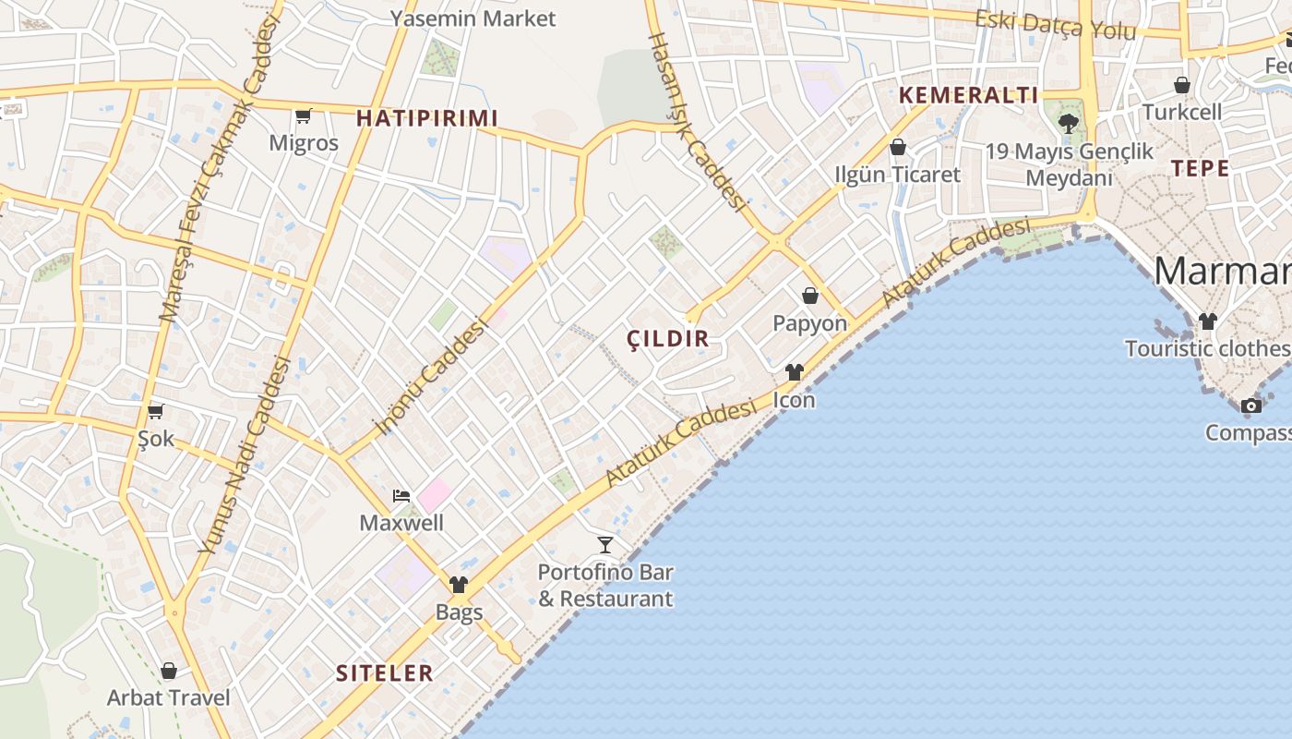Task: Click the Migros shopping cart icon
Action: tap(303, 116)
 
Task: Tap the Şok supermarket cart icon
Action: tap(155, 411)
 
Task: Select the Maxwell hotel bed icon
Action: tap(401, 496)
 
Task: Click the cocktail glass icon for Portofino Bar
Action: tap(605, 544)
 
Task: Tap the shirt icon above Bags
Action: tap(459, 585)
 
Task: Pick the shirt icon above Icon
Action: tap(795, 372)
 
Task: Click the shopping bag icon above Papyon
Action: tap(810, 296)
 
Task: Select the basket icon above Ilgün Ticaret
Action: tap(897, 147)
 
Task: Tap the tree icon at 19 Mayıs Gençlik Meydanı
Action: tap(1069, 123)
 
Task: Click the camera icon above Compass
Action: tap(1251, 406)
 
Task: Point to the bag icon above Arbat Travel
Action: tap(169, 671)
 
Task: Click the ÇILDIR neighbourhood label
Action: tap(668, 339)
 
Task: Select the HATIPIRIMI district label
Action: tap(427, 118)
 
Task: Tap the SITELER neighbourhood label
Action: tap(385, 673)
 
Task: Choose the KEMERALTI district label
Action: tap(969, 95)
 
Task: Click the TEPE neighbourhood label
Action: tap(1200, 168)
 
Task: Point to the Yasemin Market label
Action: tap(473, 18)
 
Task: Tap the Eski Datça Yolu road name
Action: tap(1056, 24)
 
